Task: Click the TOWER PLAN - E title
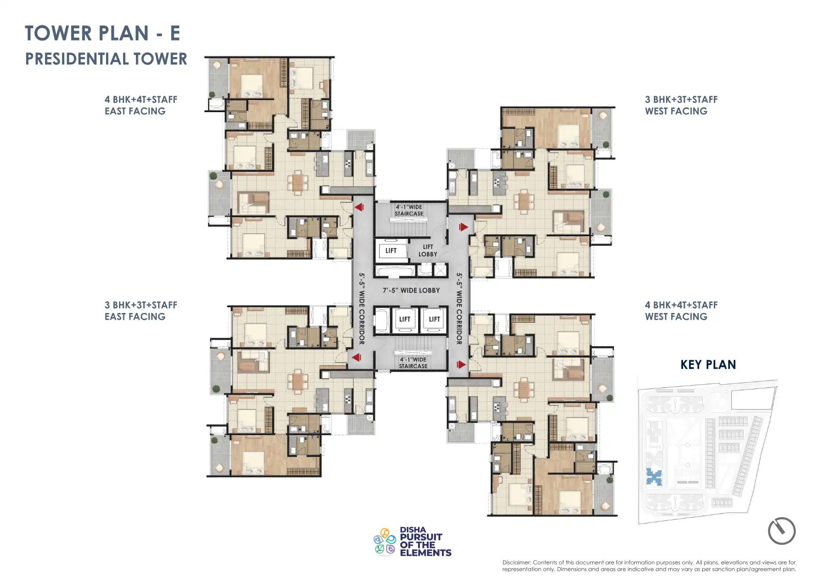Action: (x=102, y=34)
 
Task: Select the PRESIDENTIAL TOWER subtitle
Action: (x=106, y=59)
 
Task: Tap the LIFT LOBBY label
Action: (x=427, y=250)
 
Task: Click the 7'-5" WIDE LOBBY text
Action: (x=411, y=290)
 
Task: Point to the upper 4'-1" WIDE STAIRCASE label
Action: (x=409, y=210)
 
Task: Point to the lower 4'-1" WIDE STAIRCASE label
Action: (x=413, y=363)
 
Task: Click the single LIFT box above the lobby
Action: (x=391, y=251)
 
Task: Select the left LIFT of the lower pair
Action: (x=405, y=319)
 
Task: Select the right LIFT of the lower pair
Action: (x=434, y=319)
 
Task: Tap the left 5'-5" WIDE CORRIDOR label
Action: (x=362, y=309)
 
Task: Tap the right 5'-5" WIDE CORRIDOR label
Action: (x=459, y=309)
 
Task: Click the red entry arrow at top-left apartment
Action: (x=359, y=207)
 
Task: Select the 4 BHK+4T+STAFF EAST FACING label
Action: (x=140, y=105)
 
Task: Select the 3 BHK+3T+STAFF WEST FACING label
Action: (x=681, y=105)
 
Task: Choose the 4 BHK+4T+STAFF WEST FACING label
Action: (x=681, y=311)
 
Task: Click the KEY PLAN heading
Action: (x=708, y=365)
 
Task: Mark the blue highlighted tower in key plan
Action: (x=654, y=477)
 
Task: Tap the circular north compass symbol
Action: (x=781, y=531)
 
